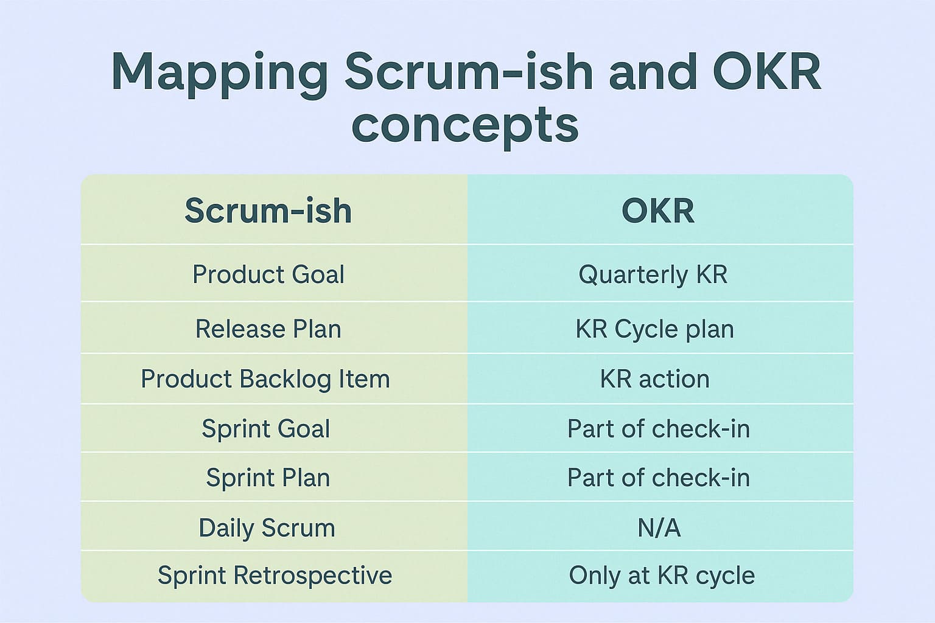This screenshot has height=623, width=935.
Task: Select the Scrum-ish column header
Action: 268,211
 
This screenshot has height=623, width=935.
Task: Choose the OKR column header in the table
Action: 657,211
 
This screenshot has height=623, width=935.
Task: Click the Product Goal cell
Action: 268,274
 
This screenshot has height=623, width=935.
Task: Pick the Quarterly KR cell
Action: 653,274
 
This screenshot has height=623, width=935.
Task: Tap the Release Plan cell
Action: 268,329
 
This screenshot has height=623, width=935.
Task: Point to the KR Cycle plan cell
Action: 654,329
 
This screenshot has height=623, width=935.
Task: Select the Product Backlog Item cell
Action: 265,379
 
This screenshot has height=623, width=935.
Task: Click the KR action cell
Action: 654,379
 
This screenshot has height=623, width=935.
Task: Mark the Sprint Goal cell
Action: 266,429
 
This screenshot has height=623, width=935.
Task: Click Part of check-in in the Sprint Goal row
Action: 658,429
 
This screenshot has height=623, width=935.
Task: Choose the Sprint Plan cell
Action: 268,478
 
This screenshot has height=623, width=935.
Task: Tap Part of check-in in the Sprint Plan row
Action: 658,478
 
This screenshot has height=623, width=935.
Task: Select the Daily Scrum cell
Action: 267,527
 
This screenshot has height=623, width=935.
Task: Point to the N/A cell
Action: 659,527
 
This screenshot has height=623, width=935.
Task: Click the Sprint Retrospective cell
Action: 275,576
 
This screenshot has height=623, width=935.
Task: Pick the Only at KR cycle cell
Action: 662,576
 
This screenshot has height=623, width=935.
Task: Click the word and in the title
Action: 652,72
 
